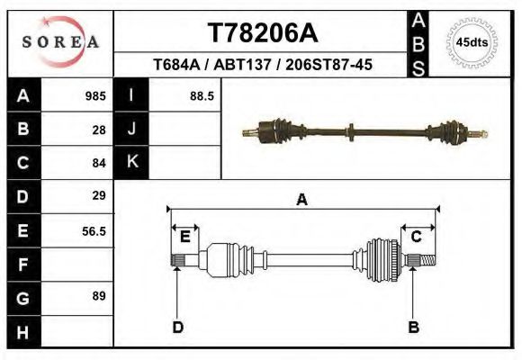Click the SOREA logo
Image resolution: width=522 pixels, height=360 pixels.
click(x=60, y=42)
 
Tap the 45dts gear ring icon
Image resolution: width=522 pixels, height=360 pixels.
click(x=473, y=42)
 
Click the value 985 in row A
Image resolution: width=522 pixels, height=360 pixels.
click(x=95, y=95)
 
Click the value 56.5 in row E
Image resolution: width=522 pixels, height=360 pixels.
click(x=94, y=230)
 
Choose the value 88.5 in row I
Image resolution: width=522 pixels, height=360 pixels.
click(x=201, y=95)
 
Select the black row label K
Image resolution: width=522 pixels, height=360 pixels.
click(x=131, y=162)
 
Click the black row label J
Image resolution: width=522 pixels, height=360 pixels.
click(x=131, y=129)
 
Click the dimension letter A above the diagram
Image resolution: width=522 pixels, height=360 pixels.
click(x=301, y=201)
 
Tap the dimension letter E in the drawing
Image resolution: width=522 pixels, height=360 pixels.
click(x=184, y=237)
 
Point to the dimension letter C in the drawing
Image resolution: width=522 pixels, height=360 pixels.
click(x=417, y=237)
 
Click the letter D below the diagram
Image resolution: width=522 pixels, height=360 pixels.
click(x=177, y=327)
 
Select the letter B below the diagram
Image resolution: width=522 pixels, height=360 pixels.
click(x=414, y=327)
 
